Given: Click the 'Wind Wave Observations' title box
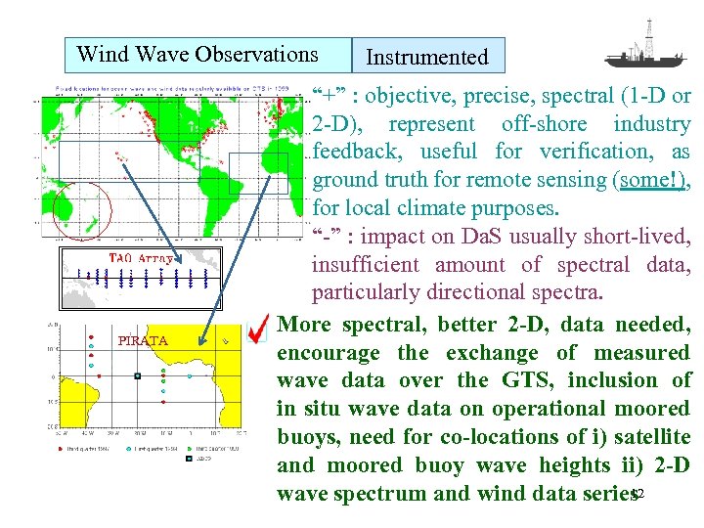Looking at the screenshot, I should (198, 55).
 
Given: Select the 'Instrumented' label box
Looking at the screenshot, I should (427, 57).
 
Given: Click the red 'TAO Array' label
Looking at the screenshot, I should (139, 259).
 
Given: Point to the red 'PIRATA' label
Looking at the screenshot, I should (143, 341).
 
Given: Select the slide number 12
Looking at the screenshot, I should (638, 495).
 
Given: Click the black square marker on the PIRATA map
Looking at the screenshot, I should (138, 375).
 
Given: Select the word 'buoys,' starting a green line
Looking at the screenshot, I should (307, 437).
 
